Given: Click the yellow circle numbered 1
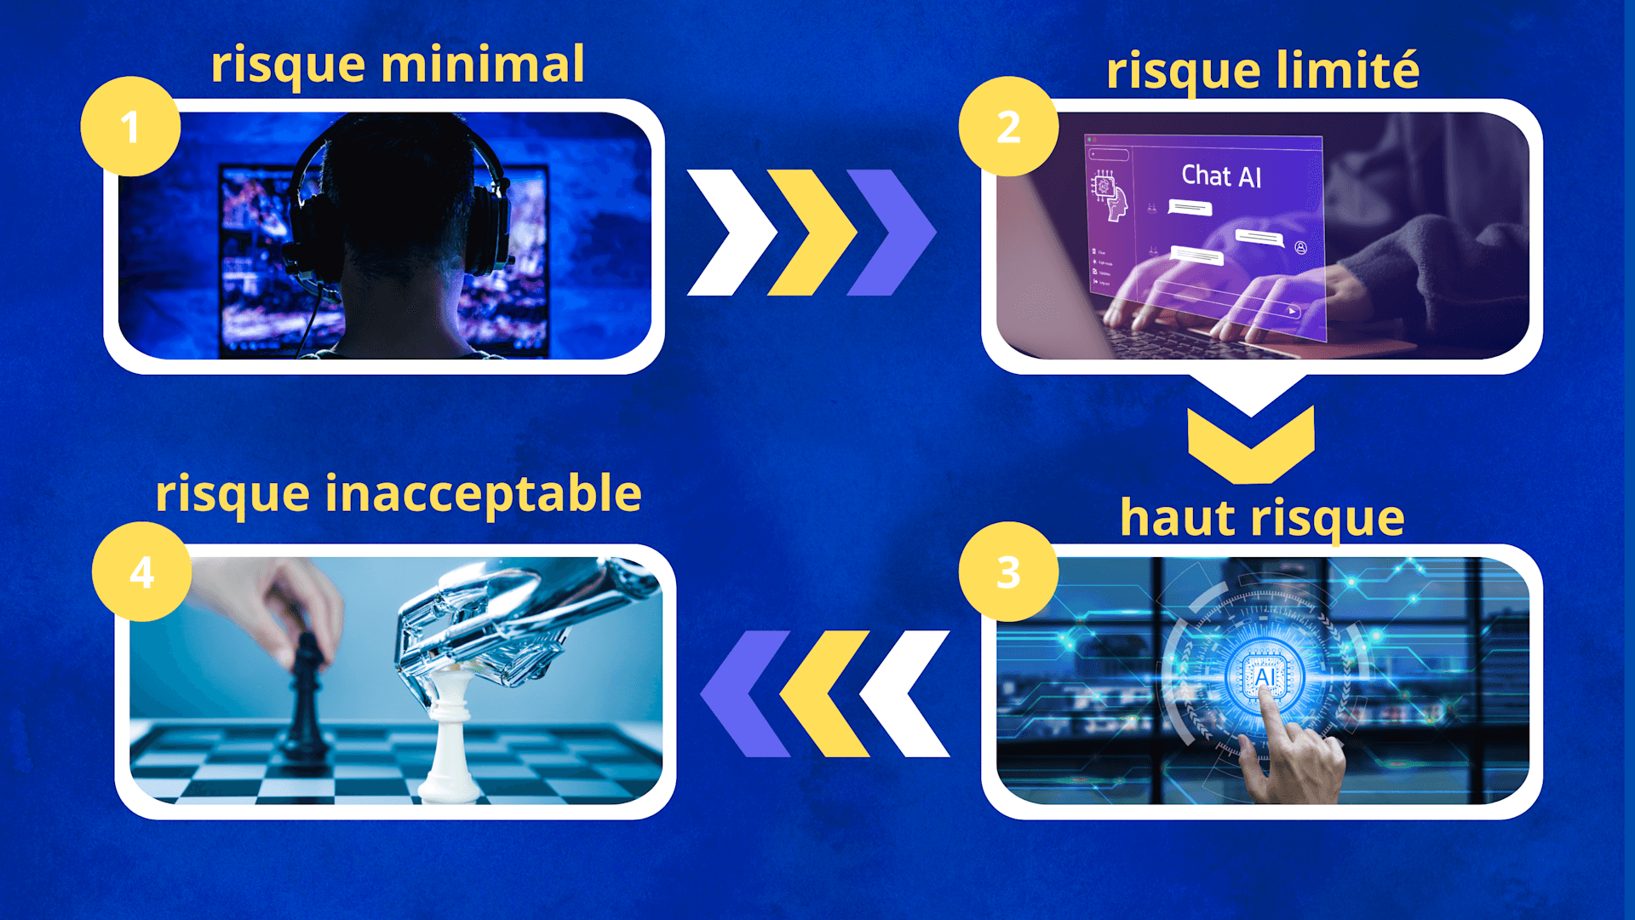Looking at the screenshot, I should coord(130,127).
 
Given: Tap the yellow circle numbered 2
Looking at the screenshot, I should coord(1008,127).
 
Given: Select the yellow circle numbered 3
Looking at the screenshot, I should coord(1008,572).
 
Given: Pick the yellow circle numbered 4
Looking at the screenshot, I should coord(141,572).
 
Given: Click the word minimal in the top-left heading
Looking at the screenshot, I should coord(482,64).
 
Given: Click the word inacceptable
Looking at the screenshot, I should coord(483,493).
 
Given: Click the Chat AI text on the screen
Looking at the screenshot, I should coord(1221,175).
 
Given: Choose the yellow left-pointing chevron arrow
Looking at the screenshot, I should coord(824,693).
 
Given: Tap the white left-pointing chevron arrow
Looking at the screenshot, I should coord(904,693).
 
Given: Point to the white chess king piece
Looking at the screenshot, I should coord(450,733).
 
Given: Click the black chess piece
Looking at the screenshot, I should coord(305,699).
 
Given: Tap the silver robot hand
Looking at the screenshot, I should coord(494,622).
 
